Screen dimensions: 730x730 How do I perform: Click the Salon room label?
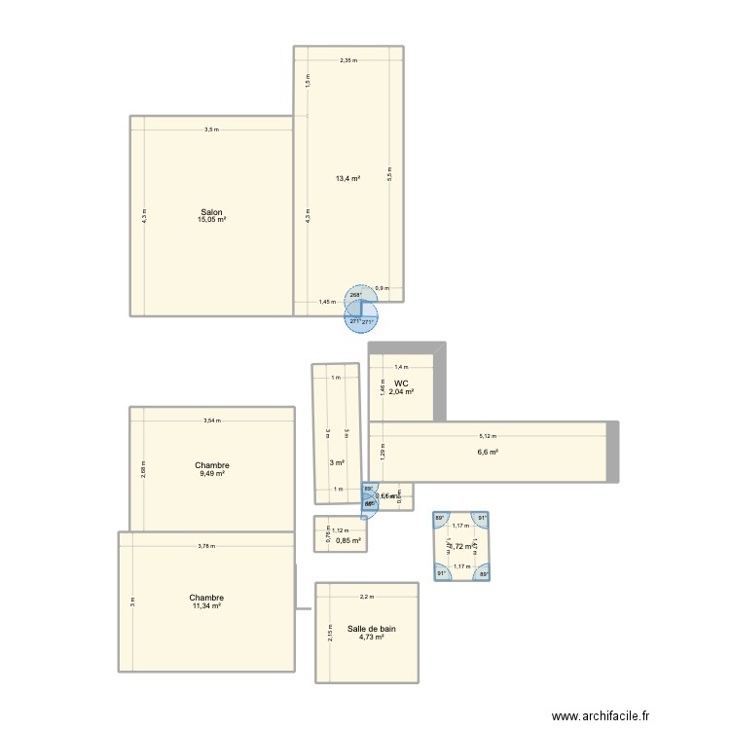tap(211, 212)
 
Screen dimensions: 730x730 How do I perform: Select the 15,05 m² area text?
tap(211, 220)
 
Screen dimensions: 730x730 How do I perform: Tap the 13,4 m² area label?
tap(348, 178)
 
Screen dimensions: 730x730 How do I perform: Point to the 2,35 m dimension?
tap(348, 60)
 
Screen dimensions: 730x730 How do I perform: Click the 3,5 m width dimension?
tap(211, 130)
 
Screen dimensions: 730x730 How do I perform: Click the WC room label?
tap(401, 383)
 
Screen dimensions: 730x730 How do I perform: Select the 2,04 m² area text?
tap(401, 391)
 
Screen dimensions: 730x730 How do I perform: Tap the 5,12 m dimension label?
tap(488, 436)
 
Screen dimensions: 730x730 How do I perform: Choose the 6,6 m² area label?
tap(488, 452)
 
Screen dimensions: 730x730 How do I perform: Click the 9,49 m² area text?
tap(212, 473)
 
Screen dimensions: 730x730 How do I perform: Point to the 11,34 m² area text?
tap(206, 605)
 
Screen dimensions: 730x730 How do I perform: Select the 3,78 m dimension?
tap(206, 546)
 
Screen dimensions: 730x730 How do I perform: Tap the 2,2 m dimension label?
tap(366, 598)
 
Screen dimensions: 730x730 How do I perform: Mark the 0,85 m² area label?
tap(348, 541)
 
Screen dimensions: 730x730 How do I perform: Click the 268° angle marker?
tap(355, 295)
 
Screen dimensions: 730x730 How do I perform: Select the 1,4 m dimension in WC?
tap(401, 367)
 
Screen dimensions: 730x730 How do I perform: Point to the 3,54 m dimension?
tap(212, 420)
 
